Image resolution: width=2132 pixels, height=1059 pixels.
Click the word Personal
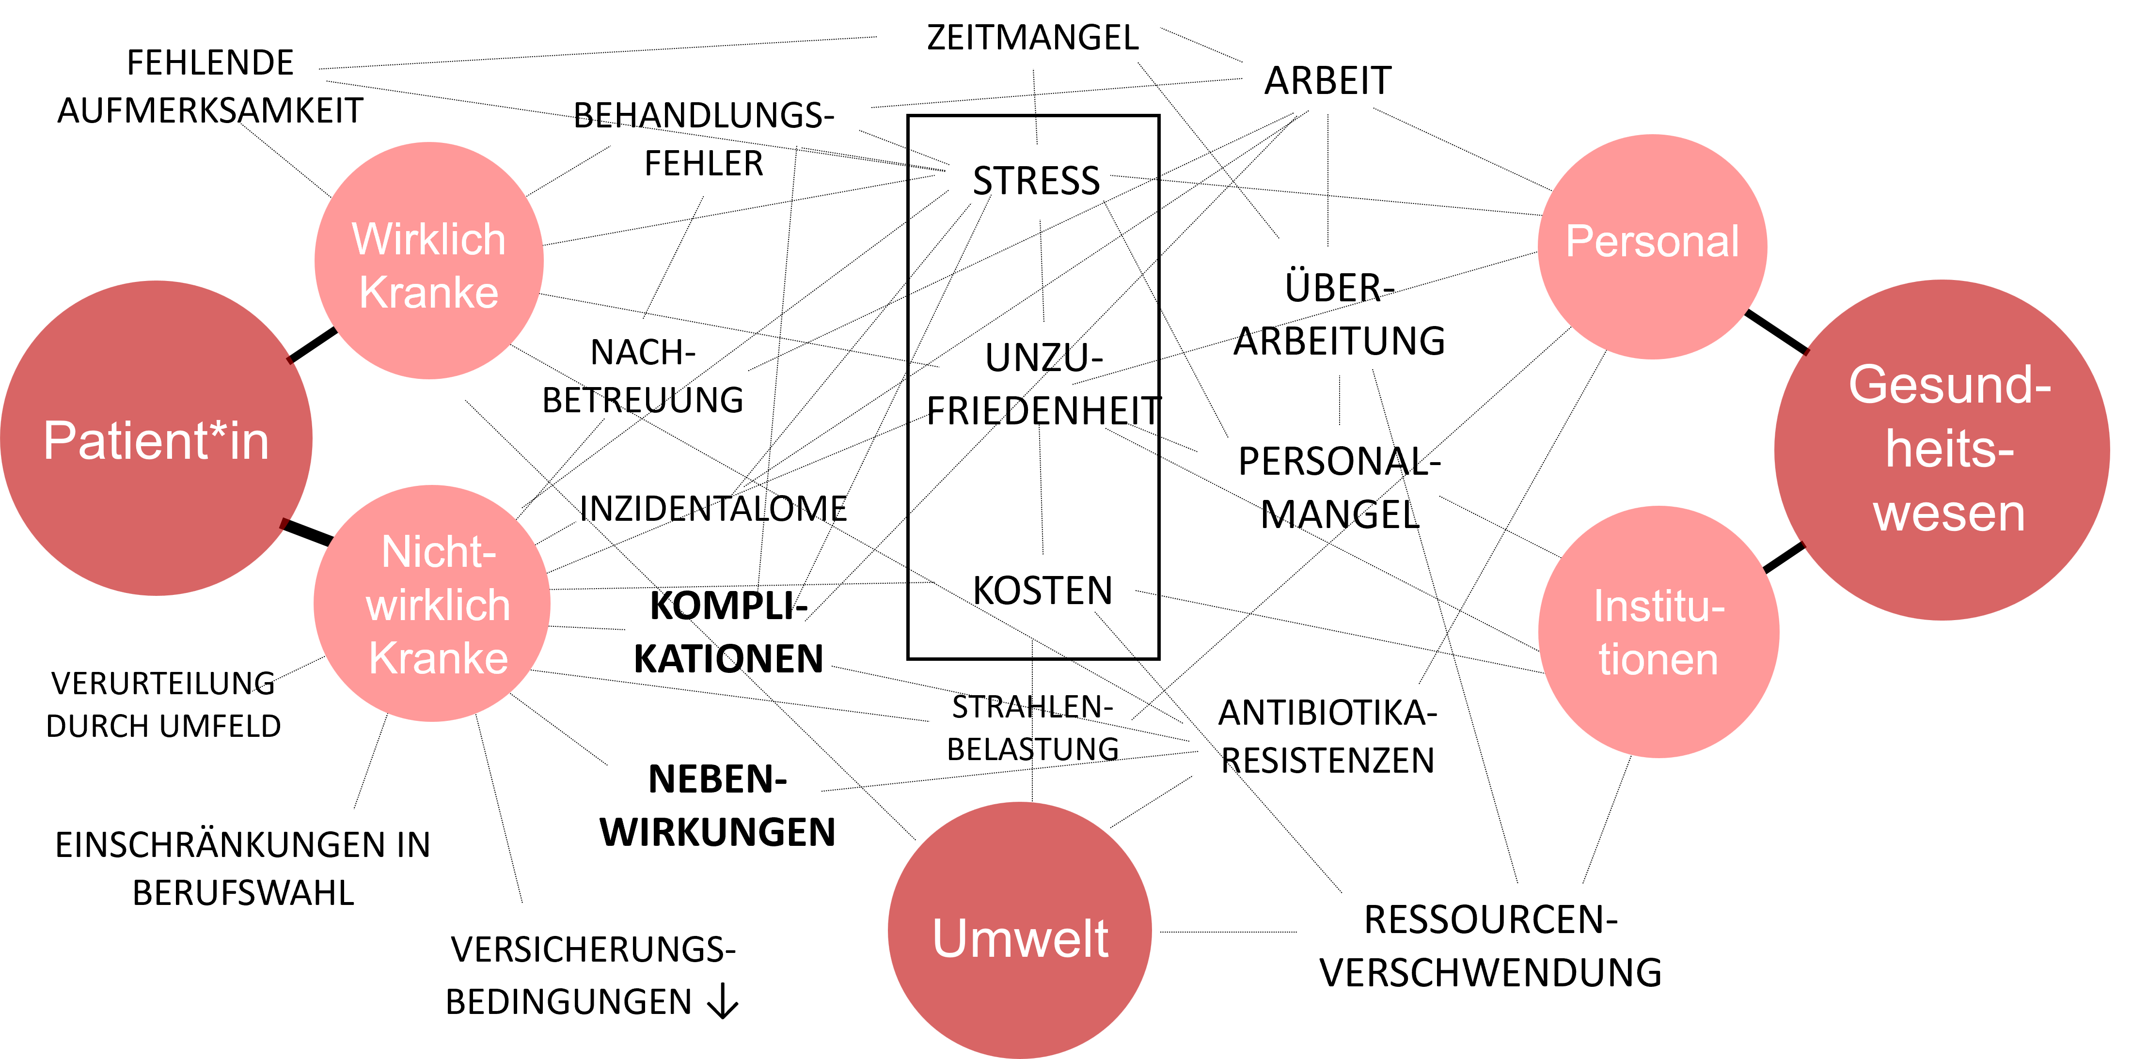click(1652, 242)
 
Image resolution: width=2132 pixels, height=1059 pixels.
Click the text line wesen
click(1949, 514)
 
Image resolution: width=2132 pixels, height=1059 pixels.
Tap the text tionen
click(1658, 660)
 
